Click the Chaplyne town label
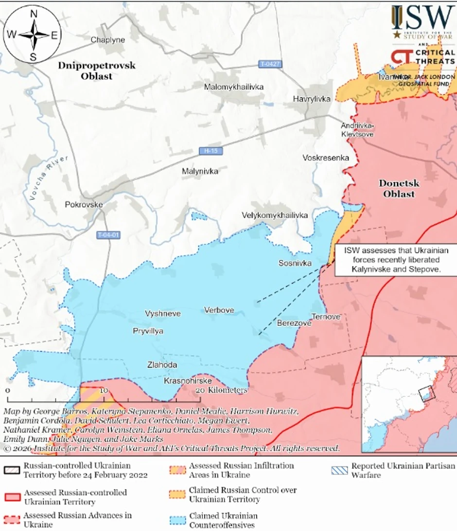click(108, 40)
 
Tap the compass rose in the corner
click(33, 35)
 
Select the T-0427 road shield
click(270, 64)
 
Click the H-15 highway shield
click(211, 151)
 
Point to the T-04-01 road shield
click(107, 235)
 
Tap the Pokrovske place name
click(84, 205)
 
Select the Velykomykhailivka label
click(275, 215)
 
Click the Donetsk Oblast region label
click(399, 189)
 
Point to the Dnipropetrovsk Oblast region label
click(96, 71)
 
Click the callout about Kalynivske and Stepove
click(392, 260)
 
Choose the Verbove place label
click(219, 310)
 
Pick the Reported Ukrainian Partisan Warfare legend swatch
click(339, 470)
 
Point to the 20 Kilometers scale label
click(222, 390)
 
